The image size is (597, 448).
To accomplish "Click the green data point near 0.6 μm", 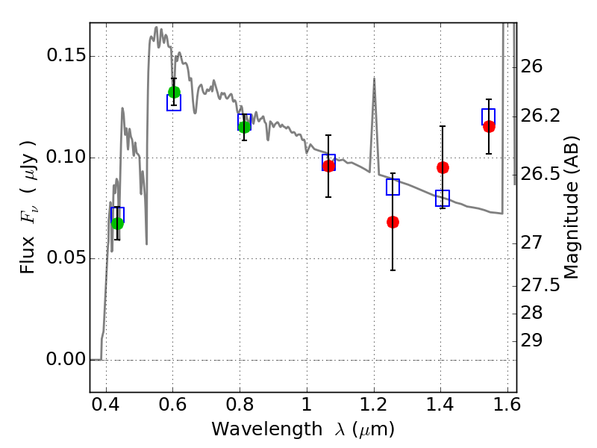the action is click(174, 92).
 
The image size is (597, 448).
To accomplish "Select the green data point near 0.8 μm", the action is click(245, 127).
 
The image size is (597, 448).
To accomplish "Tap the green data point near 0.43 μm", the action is click(118, 223).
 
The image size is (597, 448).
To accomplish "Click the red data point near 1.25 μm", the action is click(393, 222).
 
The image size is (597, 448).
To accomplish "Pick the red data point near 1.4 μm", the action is click(443, 167).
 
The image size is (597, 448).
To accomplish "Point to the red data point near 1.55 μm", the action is click(490, 127).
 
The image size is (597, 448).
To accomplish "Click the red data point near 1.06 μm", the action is click(328, 166).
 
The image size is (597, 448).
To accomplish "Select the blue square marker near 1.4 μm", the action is click(443, 198).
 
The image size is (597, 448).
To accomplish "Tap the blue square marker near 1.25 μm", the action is click(393, 187).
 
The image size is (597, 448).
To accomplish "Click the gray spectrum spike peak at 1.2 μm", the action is click(375, 78).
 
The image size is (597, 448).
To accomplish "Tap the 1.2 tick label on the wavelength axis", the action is click(374, 405).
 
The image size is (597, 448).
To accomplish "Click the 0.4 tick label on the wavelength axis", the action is click(106, 405).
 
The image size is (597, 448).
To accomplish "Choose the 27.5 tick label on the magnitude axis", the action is click(540, 286).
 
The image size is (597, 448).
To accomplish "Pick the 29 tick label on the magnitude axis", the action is click(531, 340).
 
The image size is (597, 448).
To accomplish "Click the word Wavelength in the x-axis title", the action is click(267, 429).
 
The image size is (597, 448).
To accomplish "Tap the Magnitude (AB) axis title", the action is click(571, 208).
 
